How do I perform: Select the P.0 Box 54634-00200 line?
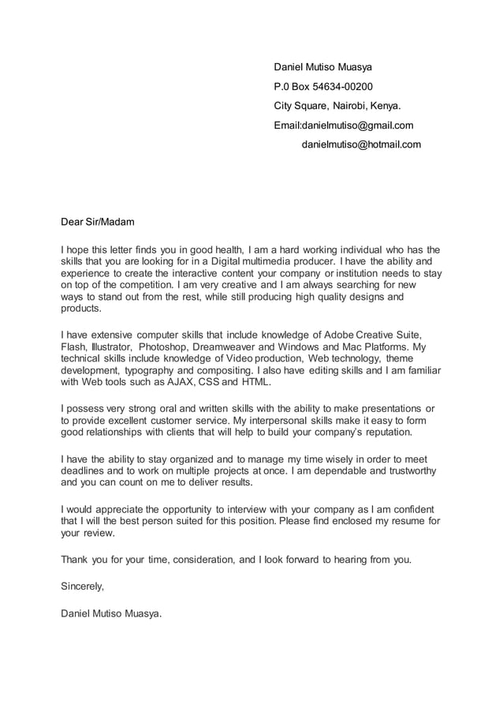[323, 86]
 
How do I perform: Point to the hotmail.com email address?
[361, 144]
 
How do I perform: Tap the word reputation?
[397, 433]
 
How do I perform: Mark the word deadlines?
[84, 471]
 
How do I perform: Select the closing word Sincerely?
[82, 586]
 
